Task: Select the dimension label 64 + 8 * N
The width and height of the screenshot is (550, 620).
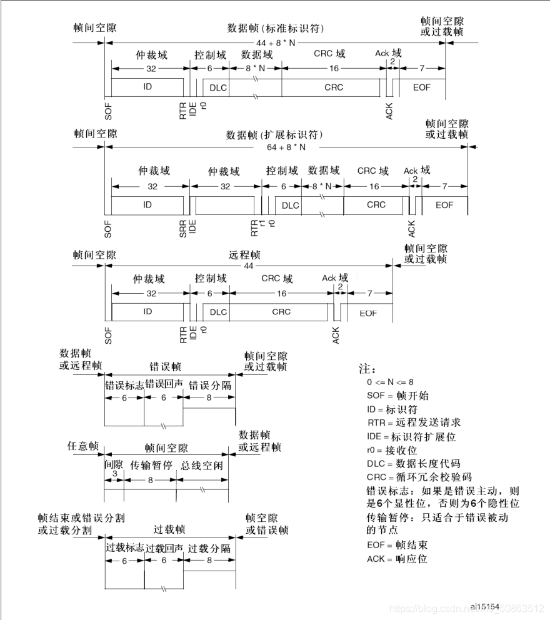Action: [x=286, y=147]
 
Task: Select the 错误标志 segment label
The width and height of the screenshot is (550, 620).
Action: [x=124, y=385]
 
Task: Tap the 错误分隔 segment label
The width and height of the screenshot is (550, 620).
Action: [x=209, y=385]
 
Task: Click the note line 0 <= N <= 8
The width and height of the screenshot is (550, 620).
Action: [x=390, y=381]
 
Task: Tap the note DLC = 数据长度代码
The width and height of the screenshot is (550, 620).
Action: [x=414, y=463]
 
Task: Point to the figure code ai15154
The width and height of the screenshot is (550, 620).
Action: [x=485, y=606]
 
